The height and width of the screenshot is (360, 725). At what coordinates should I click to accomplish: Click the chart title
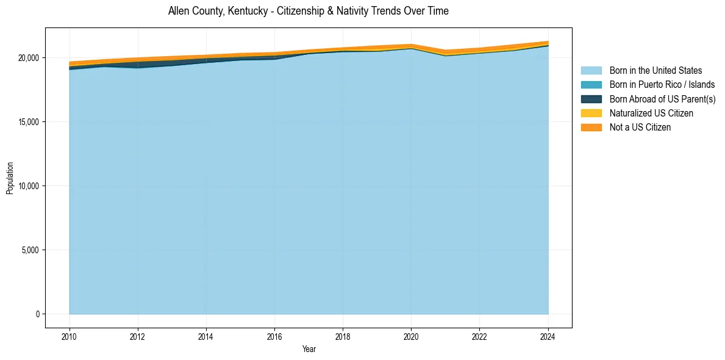[308, 11]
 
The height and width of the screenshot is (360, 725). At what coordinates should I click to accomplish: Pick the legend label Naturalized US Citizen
[651, 113]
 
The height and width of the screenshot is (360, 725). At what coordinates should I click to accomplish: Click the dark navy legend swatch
[591, 99]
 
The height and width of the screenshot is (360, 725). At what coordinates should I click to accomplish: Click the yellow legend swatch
[591, 113]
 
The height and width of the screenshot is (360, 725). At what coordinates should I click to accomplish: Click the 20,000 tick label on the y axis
[27, 57]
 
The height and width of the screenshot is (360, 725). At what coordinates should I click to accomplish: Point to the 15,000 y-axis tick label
[27, 121]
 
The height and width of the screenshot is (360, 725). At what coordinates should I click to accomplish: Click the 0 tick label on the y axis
[37, 314]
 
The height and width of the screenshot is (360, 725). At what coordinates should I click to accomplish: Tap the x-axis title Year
[309, 349]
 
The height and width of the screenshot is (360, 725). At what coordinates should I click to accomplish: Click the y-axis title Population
[10, 178]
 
